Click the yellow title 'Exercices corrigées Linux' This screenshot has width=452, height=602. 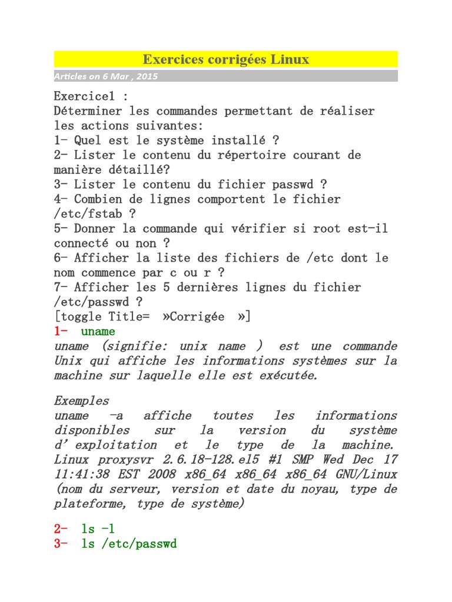coord(225,59)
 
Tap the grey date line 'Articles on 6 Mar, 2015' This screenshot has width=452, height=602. coord(107,76)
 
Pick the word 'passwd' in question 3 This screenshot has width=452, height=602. coord(289,185)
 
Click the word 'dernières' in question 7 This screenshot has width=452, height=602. coord(242,287)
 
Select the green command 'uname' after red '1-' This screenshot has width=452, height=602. coord(98,332)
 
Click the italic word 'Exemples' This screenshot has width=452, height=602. coord(81,401)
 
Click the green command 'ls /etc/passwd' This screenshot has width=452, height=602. coord(129,544)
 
